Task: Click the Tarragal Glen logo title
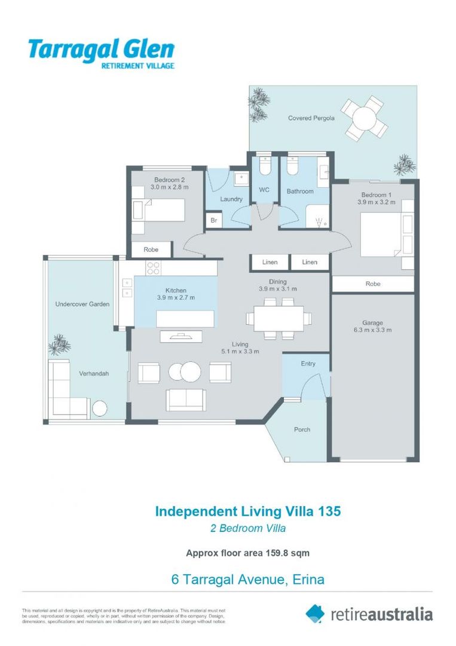point(101,49)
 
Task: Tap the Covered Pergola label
point(311,118)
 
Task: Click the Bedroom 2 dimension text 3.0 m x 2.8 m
point(169,187)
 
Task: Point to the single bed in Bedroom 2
point(158,211)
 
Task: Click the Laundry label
point(231,199)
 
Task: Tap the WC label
point(264,191)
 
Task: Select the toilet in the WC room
point(265,166)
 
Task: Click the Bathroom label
point(299,191)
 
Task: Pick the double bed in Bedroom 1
point(385,234)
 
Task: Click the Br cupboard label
point(213,221)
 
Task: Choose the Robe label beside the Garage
point(372,284)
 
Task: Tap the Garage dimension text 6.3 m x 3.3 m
point(372,330)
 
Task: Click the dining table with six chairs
point(279,318)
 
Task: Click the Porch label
point(302,429)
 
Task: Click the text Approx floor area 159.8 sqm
point(247,553)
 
